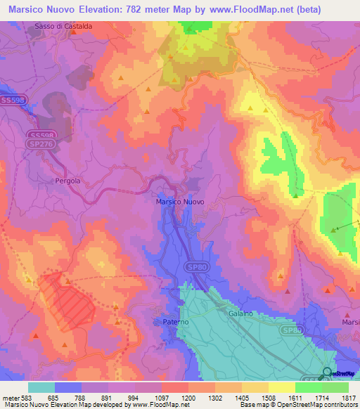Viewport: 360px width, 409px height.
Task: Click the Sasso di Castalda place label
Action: pos(63,26)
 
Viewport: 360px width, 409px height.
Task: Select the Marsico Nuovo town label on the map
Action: pos(179,202)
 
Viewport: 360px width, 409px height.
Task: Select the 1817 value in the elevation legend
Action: pos(347,397)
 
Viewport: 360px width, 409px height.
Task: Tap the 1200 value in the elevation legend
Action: pos(188,397)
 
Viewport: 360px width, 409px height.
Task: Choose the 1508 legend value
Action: pos(267,397)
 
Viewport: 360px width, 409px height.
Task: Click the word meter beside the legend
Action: pos(10,397)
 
